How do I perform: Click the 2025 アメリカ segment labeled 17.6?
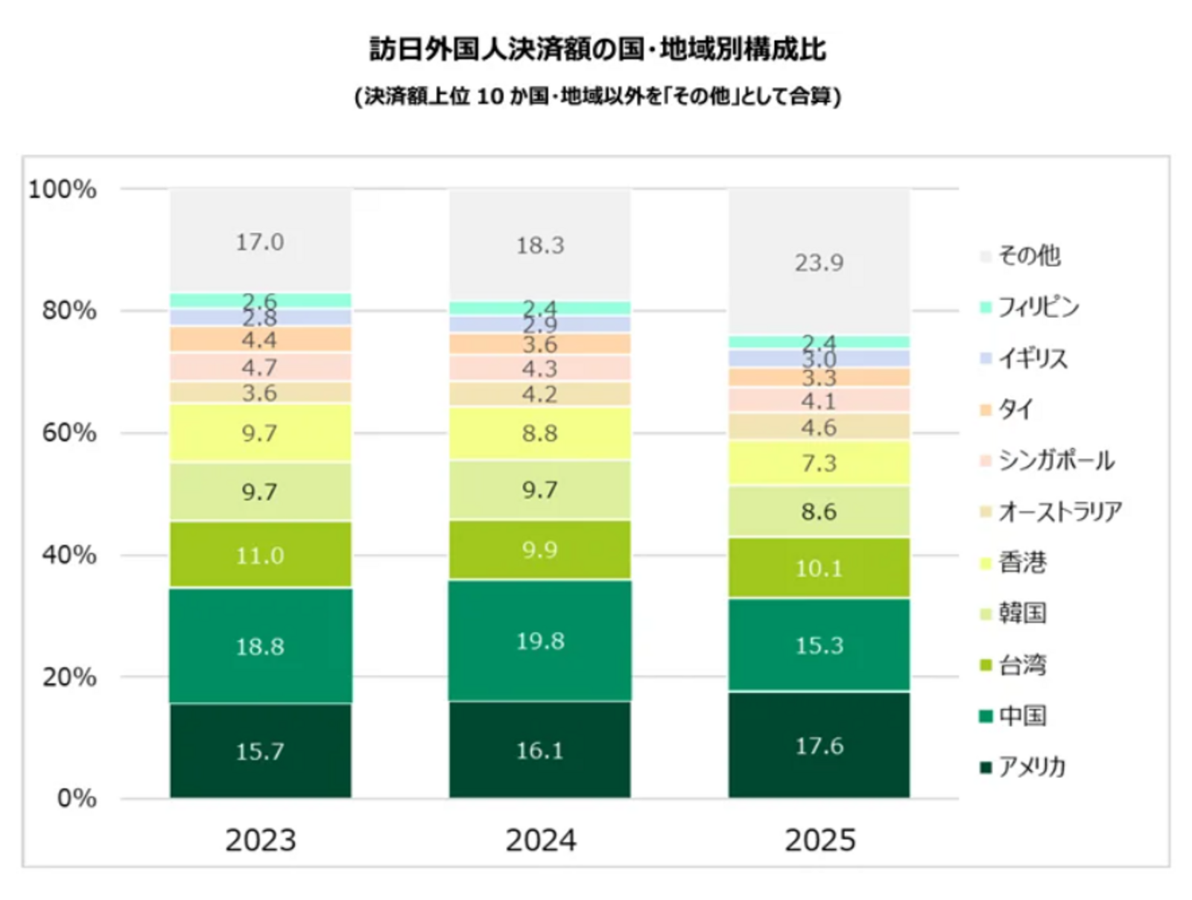click(x=819, y=745)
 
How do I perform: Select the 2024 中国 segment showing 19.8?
click(x=540, y=641)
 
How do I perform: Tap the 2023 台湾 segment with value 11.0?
click(x=260, y=555)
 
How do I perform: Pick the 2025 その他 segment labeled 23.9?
click(x=819, y=262)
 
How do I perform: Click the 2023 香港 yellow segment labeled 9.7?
click(x=260, y=433)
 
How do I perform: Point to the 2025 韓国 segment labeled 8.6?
click(x=819, y=511)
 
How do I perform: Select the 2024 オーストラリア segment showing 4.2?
click(x=540, y=394)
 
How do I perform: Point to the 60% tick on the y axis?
click(x=69, y=433)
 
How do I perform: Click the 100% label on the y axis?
click(x=63, y=189)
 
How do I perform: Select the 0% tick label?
click(x=76, y=798)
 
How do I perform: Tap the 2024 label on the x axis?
click(x=540, y=840)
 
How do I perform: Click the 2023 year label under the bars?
click(x=260, y=840)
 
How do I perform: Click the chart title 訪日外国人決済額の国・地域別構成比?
click(x=597, y=49)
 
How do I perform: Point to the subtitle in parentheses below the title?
click(x=597, y=96)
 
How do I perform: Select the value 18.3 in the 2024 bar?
click(x=540, y=245)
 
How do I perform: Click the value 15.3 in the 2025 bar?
click(x=819, y=645)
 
